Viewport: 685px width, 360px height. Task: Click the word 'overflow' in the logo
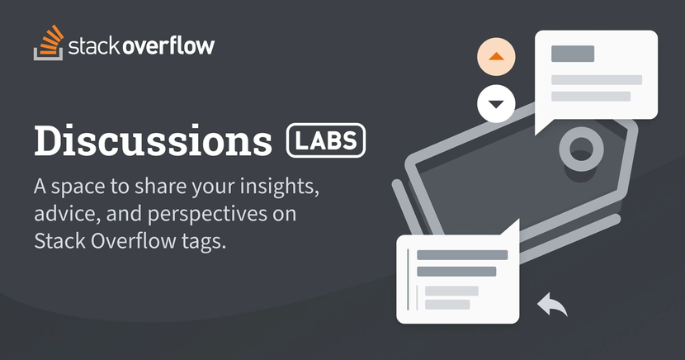[168, 45]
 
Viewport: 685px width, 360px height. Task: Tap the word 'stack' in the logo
[93, 45]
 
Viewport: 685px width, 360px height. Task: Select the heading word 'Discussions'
[153, 140]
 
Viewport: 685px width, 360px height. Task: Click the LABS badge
[326, 140]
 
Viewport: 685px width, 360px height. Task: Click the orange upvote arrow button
[496, 56]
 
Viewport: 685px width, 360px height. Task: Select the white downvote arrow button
[496, 104]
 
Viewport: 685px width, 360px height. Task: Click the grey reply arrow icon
[552, 304]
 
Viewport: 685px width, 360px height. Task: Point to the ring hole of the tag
[582, 149]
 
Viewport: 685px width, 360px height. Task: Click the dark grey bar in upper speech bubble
[573, 54]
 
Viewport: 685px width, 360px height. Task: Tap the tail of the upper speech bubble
[545, 126]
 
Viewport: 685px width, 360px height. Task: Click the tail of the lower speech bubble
[510, 229]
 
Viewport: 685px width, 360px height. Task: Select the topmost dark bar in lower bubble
[462, 255]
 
